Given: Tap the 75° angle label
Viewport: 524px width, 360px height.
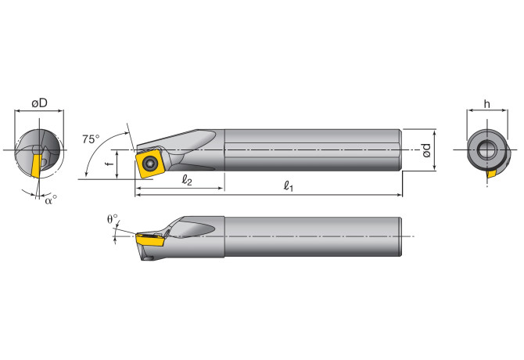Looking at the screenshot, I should click(x=91, y=139).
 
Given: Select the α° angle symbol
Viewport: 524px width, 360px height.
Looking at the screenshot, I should click(x=51, y=199).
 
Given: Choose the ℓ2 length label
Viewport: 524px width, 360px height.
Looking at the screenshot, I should click(x=187, y=180).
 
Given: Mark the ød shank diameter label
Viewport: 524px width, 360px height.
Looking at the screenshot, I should click(x=426, y=149).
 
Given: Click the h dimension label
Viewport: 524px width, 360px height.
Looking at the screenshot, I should click(x=487, y=103).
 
